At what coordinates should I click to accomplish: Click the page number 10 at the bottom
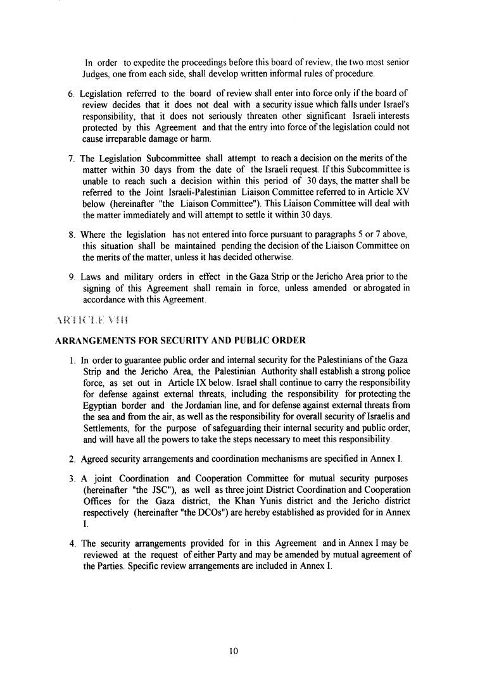point(234,650)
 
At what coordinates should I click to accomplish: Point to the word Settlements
point(106,428)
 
